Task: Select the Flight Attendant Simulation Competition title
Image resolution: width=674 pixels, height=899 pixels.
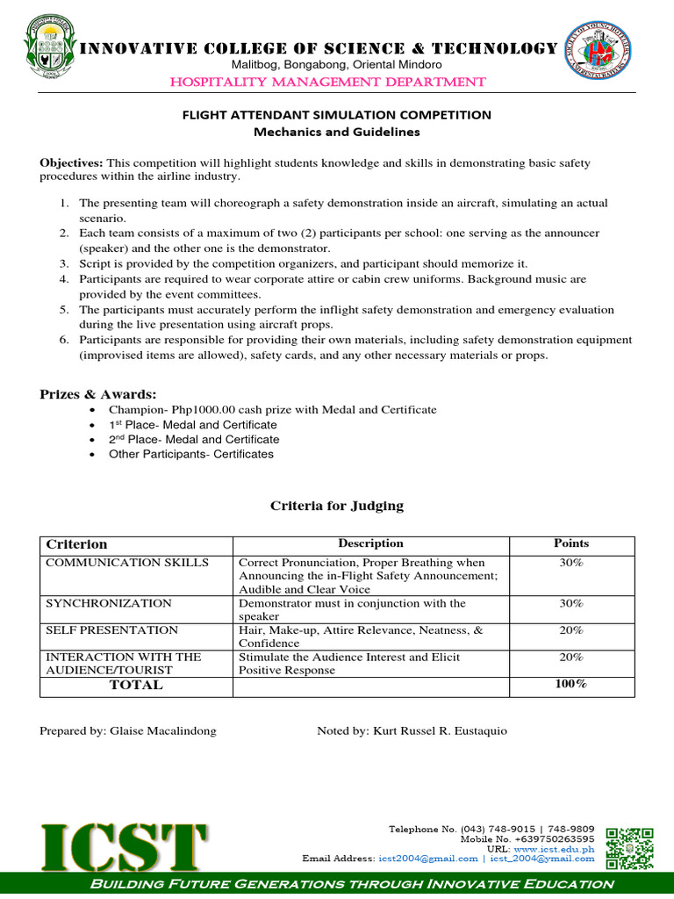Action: pos(337,115)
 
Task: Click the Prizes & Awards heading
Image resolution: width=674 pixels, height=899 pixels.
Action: pos(98,394)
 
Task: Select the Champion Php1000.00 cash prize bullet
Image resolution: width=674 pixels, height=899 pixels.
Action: pos(272,410)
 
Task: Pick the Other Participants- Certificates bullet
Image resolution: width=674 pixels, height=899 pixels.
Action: pos(190,454)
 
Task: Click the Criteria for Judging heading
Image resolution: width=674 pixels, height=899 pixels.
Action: pos(337,505)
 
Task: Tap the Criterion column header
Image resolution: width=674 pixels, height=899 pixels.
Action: pos(76,544)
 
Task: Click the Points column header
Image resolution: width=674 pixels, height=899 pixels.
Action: pos(571,543)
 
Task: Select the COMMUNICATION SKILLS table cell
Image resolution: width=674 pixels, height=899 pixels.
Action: pos(127,563)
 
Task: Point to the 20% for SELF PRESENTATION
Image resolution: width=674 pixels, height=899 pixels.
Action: pos(571,630)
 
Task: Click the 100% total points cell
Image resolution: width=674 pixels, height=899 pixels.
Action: pos(571,684)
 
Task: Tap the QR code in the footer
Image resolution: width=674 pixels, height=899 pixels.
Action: pos(630,849)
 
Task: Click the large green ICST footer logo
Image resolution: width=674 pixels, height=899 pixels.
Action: pos(123,847)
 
